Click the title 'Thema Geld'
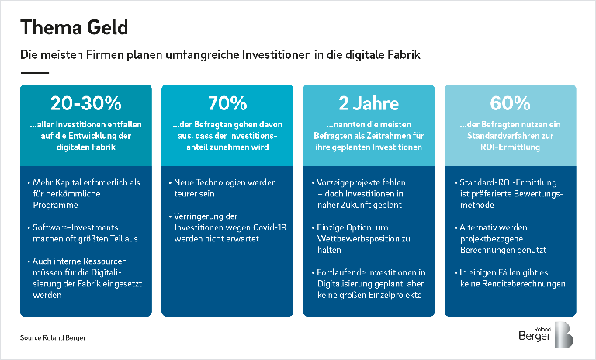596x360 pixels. [x=74, y=28]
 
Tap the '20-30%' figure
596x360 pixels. [x=86, y=103]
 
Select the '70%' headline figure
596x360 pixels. [x=227, y=103]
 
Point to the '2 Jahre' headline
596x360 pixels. [x=369, y=103]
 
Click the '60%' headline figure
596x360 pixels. [x=510, y=103]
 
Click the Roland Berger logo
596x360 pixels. [x=546, y=335]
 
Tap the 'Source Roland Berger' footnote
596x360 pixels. [x=53, y=338]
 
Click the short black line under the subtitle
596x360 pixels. [x=35, y=73]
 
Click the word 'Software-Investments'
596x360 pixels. [x=75, y=227]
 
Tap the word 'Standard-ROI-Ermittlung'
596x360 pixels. [x=508, y=182]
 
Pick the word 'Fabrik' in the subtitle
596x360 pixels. [x=404, y=55]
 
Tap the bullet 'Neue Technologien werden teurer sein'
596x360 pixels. [x=223, y=188]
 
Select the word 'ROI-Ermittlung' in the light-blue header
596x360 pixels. [x=510, y=147]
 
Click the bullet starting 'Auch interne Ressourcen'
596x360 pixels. [x=85, y=278]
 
